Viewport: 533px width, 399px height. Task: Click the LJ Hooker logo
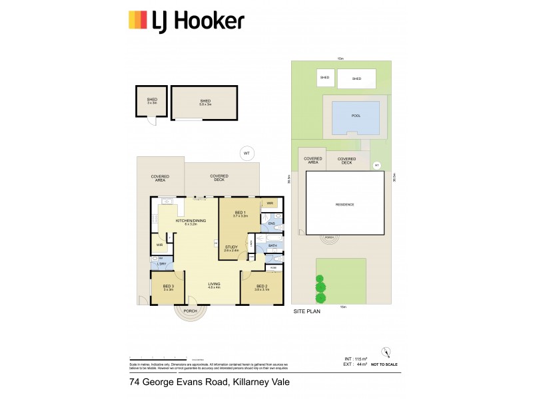pos(186,21)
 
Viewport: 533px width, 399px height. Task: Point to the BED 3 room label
pos(168,287)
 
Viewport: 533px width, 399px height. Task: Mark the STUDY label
pos(231,248)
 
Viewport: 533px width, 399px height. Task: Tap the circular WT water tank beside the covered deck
pos(247,154)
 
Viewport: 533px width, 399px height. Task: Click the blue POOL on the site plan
pos(356,116)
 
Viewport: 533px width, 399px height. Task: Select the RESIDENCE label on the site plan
pos(344,204)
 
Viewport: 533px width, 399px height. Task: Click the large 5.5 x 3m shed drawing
pos(205,102)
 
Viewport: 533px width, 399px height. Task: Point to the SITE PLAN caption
pos(306,311)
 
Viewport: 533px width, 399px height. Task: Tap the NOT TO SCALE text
pos(384,365)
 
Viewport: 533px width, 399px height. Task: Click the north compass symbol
pos(384,352)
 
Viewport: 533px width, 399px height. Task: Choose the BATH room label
pos(272,245)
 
